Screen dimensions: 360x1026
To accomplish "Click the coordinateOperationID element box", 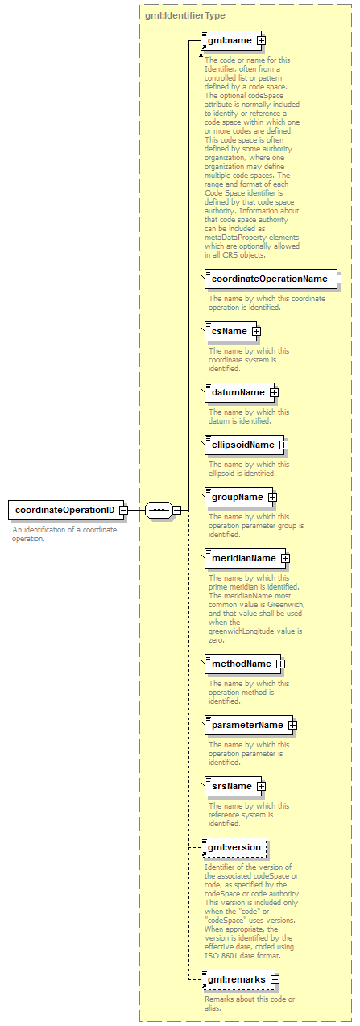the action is coord(66,510).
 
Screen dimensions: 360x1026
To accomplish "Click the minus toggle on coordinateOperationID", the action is coord(124,510).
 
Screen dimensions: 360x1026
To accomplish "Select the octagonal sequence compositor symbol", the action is coord(159,510).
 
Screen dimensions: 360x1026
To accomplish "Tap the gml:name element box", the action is coord(231,40).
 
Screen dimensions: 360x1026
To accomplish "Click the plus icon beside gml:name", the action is coord(261,41).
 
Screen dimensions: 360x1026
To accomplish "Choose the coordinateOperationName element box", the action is coord(271,279).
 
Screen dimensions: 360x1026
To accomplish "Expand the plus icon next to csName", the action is coord(256,331).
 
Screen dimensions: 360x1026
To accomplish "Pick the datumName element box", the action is coord(239,392).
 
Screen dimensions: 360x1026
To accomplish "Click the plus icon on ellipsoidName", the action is coord(284,445).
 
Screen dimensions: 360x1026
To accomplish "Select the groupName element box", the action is coord(238,497).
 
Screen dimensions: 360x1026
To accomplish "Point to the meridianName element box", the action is coord(245,558).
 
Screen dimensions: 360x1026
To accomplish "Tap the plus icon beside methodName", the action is coord(281,664).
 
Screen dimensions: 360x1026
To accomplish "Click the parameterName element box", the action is coord(249,725).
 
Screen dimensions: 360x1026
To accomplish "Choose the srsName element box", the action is coord(233,787).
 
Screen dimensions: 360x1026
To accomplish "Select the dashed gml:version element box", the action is coord(234,848).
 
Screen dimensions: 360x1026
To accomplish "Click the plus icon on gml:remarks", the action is coord(275,980).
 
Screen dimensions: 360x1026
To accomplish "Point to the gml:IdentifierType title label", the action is coord(185,15).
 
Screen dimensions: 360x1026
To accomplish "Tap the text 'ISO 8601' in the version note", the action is coord(218,956).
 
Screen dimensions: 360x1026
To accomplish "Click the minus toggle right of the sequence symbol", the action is coord(177,510).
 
